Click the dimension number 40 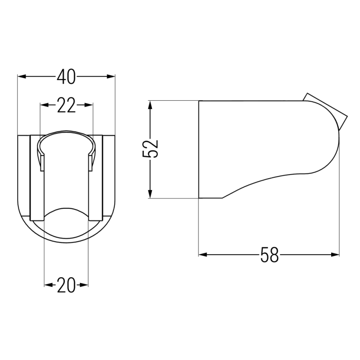pos(66,77)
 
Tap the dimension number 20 pos(66,285)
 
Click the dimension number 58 pos(270,255)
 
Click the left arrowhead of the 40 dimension pos(21,77)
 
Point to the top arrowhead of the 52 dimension pos(150,104)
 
